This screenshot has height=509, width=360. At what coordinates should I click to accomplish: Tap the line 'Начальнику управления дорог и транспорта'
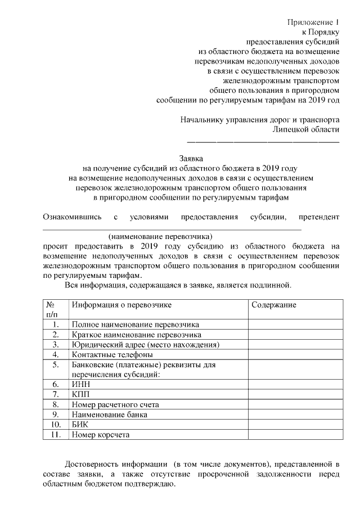(x=260, y=120)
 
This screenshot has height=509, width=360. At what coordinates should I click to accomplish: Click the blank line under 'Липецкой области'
(x=263, y=139)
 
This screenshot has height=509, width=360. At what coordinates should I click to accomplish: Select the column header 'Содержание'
(x=274, y=305)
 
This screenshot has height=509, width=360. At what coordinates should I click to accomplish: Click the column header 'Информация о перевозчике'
(x=121, y=305)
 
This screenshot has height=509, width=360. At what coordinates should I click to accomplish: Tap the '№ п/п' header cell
(x=55, y=310)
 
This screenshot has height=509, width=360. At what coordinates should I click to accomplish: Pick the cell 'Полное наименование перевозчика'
(x=136, y=325)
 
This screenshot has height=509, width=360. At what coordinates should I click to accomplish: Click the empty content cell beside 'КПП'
(x=294, y=394)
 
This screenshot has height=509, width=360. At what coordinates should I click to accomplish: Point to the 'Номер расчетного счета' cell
(x=115, y=404)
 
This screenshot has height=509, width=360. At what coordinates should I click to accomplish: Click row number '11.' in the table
(x=55, y=435)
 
